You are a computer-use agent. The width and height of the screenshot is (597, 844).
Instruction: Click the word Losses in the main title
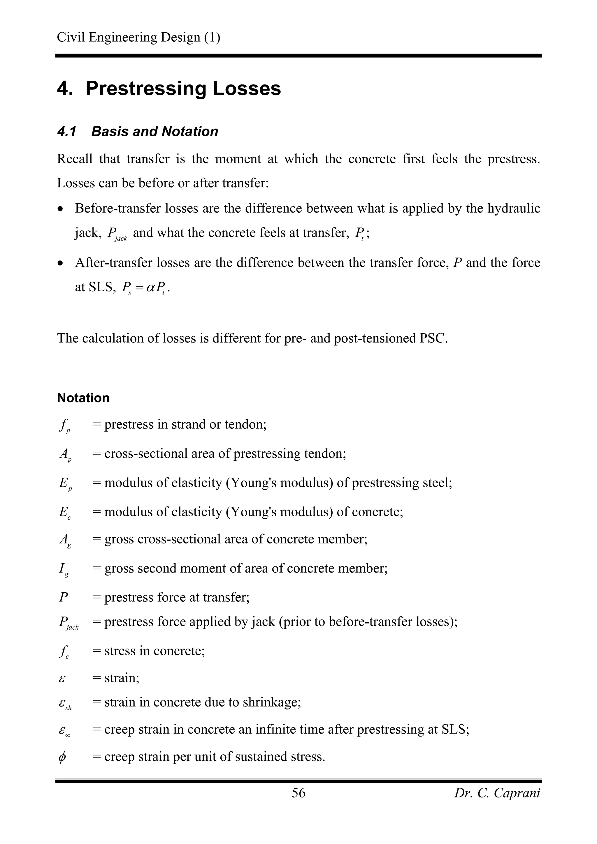pyautogui.click(x=246, y=89)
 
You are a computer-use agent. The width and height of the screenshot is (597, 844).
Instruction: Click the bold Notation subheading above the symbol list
pyautogui.click(x=83, y=398)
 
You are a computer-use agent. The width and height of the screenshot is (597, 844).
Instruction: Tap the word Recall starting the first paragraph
pyautogui.click(x=75, y=159)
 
